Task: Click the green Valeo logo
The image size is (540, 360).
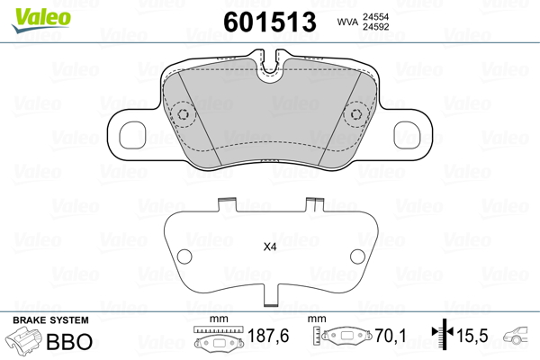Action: [41, 20]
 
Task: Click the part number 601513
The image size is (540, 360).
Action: [270, 22]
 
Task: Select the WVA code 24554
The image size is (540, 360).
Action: [375, 17]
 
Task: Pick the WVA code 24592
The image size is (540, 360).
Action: [375, 27]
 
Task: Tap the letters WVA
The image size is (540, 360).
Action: [347, 22]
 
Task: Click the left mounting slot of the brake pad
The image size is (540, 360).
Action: [132, 135]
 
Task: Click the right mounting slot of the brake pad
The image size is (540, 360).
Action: [407, 135]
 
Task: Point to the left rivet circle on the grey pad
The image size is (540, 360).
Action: [183, 114]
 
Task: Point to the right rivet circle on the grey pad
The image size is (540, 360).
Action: [356, 114]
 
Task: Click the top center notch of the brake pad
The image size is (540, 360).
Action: [270, 67]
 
